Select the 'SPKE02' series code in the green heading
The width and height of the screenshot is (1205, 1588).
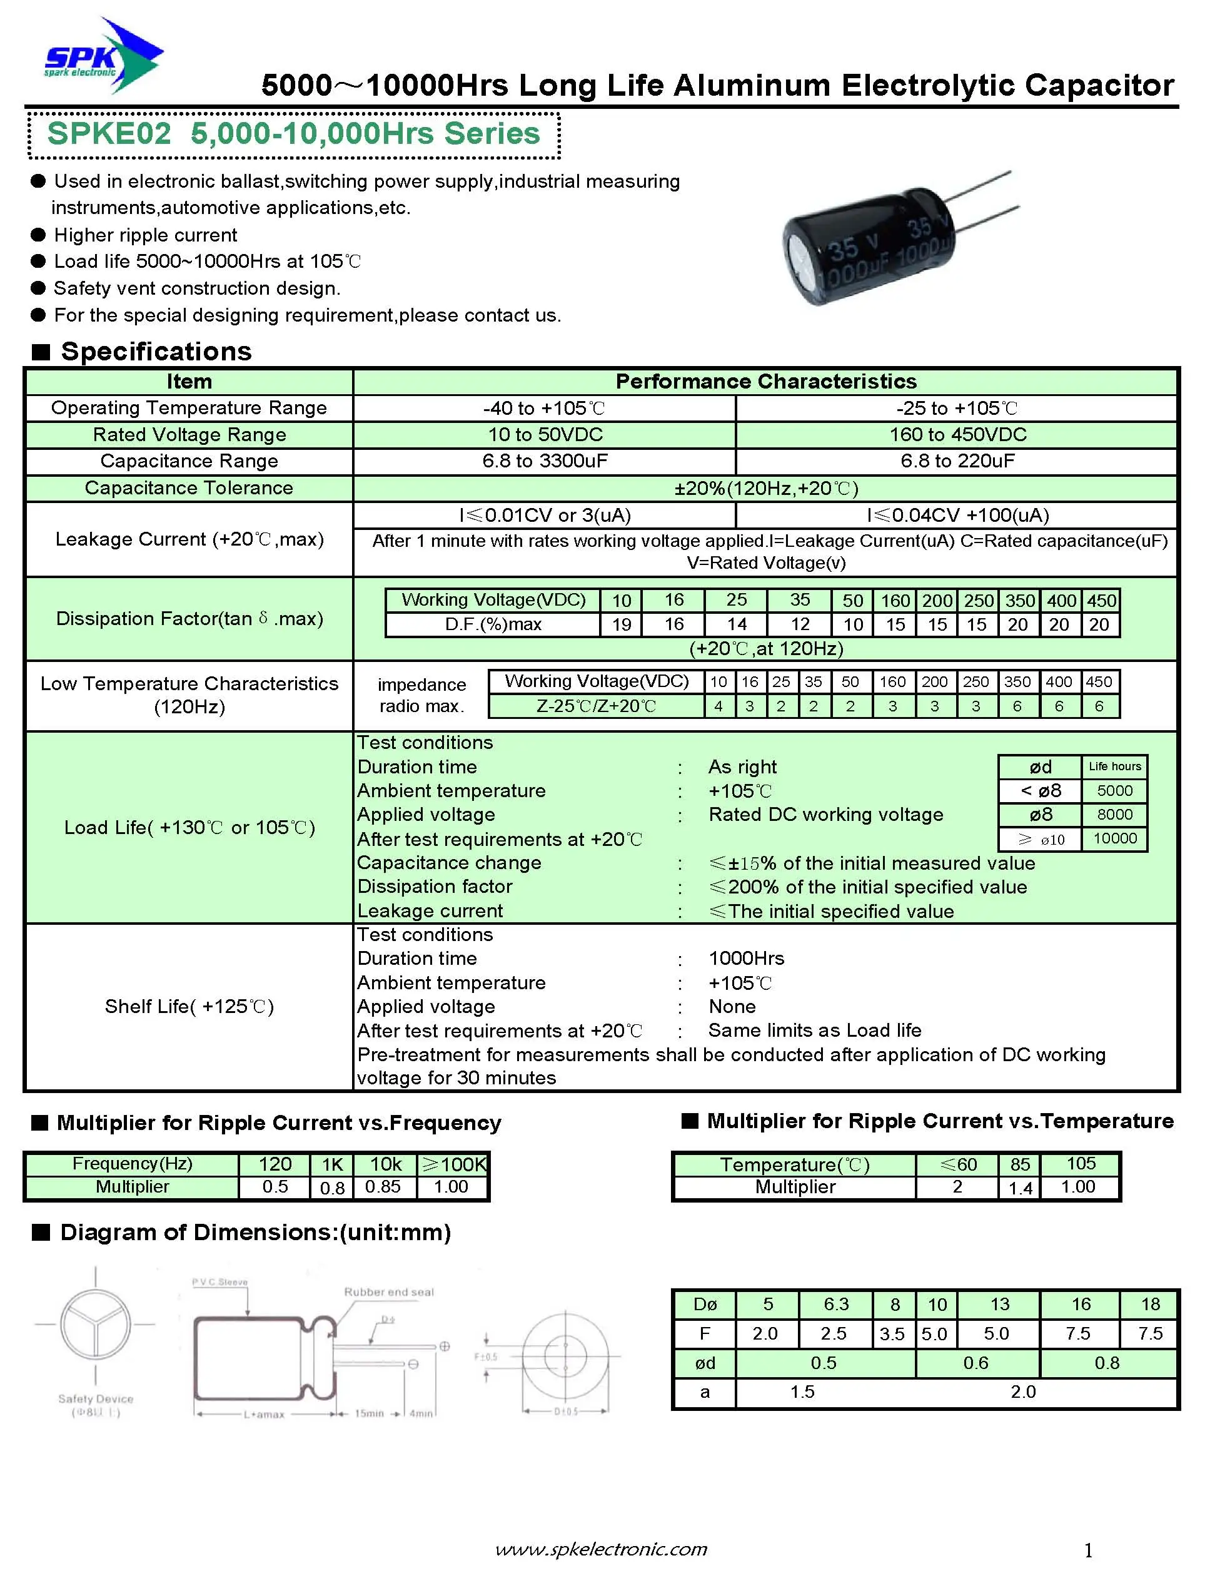point(109,135)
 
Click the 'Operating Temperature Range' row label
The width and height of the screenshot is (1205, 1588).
point(189,408)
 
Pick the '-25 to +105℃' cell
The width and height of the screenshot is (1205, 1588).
point(957,408)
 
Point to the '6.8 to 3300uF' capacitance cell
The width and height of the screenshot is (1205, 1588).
point(545,461)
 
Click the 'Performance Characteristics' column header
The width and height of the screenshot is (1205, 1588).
point(766,381)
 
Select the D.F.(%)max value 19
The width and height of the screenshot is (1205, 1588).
point(622,624)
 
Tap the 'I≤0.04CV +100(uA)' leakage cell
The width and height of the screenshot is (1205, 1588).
point(957,515)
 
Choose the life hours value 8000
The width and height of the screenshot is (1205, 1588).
point(1114,814)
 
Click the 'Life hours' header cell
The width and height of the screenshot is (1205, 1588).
point(1114,766)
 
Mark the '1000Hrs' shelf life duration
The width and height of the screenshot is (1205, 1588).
point(747,959)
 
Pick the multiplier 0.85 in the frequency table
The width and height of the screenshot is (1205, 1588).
point(383,1187)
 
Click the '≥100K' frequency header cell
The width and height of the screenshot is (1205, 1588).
point(453,1164)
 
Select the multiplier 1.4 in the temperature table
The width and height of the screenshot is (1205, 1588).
point(1020,1188)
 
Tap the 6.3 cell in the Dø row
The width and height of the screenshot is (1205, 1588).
point(836,1305)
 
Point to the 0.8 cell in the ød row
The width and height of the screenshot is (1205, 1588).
point(1107,1363)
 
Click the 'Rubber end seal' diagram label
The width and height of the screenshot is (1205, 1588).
point(389,1292)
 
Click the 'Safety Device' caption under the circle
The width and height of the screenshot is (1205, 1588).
point(96,1398)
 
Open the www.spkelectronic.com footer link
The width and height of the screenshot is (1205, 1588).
point(602,1549)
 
